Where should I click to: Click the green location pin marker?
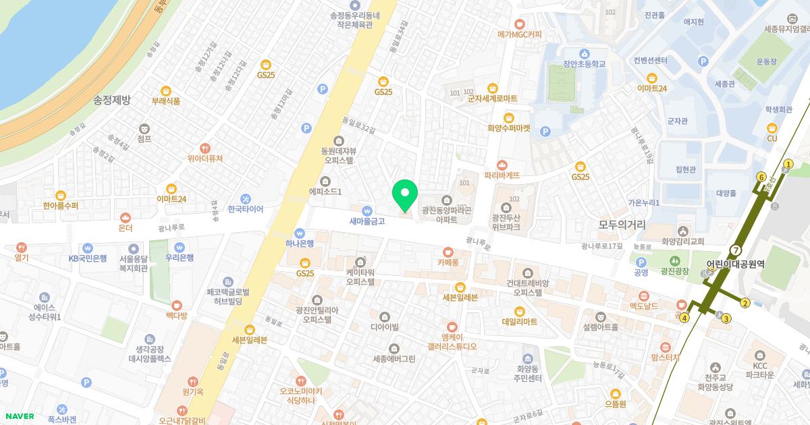[x=405, y=194]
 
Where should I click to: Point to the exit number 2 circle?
[x=745, y=302]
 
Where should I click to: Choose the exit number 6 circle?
[x=761, y=177]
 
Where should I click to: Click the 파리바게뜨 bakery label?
[x=502, y=175]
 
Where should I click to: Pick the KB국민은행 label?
[x=88, y=258]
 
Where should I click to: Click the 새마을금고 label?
[x=367, y=221]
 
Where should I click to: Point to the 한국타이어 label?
[x=246, y=209]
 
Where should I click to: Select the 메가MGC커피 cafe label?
[x=520, y=34]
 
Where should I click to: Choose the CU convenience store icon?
[x=772, y=128]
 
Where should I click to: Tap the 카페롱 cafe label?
[x=448, y=262]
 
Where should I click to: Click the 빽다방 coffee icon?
[x=177, y=306]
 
